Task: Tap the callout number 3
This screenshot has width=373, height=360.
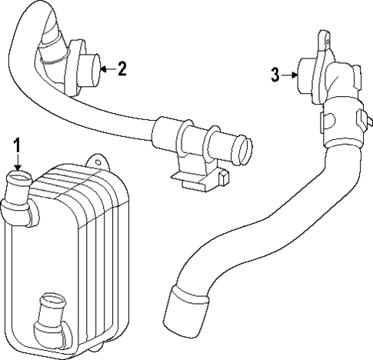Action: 275,75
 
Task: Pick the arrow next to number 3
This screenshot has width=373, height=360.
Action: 289,75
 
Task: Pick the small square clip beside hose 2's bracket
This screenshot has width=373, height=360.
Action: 224,179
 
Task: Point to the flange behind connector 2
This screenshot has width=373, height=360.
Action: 73,68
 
